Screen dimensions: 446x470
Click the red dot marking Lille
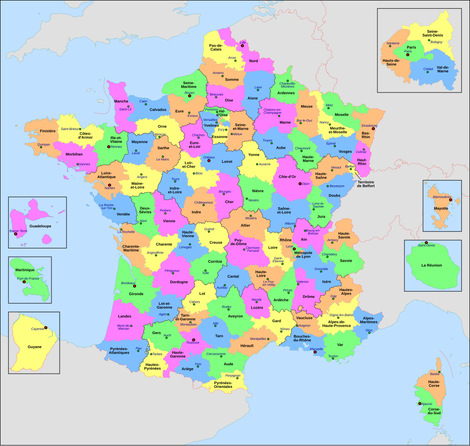point(242,46)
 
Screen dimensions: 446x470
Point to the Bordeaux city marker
point(134,286)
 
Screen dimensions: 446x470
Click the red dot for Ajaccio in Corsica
point(420,403)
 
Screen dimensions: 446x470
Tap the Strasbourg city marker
point(373,129)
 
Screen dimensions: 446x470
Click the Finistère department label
point(47,131)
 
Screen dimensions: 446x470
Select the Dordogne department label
point(179,282)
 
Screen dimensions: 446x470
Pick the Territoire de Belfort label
point(365,183)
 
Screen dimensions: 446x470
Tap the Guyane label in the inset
point(32,349)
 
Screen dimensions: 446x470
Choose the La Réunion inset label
point(431,265)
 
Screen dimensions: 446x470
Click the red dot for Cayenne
point(46,327)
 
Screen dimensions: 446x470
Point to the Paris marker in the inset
point(407,55)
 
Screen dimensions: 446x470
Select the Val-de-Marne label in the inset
point(443,69)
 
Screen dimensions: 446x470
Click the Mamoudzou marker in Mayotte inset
point(450,200)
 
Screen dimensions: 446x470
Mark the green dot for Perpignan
point(234,379)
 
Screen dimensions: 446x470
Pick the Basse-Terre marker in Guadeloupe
point(16,234)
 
